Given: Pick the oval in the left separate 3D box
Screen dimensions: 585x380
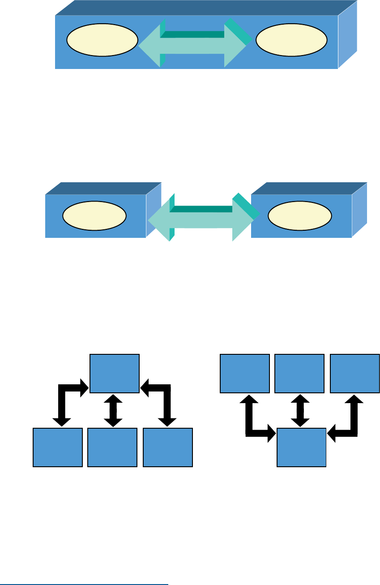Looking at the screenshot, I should tap(94, 215).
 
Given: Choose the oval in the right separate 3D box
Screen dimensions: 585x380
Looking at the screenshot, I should tap(299, 215).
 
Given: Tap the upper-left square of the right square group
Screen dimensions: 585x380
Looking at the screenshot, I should tap(245, 374).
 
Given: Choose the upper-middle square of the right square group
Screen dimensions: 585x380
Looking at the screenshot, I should tap(299, 374).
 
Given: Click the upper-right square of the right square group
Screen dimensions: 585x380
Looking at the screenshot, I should tap(354, 374).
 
